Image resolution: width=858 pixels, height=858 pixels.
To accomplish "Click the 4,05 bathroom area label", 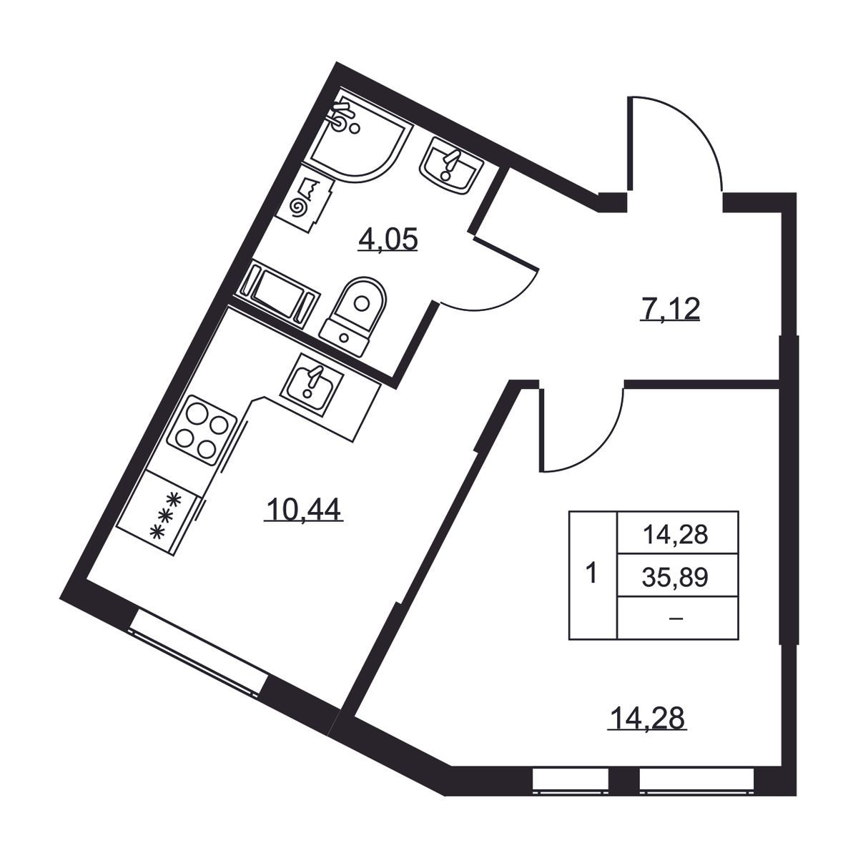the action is (388, 241).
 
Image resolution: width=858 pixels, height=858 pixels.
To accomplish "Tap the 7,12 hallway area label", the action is (670, 309).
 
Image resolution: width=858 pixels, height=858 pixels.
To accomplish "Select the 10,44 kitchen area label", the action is (304, 509).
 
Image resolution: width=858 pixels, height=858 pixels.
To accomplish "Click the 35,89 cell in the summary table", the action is (675, 578).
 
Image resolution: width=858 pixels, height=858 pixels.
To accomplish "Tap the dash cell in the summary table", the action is (675, 618).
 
